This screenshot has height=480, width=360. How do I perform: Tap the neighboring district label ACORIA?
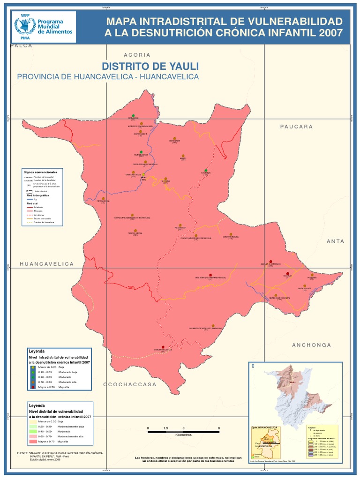(137, 55)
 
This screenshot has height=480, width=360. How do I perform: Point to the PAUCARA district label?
(296, 127)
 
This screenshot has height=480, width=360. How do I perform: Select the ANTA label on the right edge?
(335, 241)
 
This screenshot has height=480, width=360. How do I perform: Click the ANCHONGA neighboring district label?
(311, 345)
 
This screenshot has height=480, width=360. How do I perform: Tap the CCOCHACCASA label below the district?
(130, 384)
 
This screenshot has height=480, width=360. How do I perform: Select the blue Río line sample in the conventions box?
(29, 199)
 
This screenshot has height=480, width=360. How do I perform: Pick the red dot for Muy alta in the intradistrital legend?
(33, 387)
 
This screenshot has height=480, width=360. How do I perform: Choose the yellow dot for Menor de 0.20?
(33, 367)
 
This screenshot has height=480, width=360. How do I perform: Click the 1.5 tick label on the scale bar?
(165, 428)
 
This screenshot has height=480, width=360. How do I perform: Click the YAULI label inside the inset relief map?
(293, 382)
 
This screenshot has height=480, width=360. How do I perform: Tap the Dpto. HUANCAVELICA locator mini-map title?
(265, 427)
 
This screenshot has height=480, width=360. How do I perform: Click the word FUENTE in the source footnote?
(22, 453)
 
